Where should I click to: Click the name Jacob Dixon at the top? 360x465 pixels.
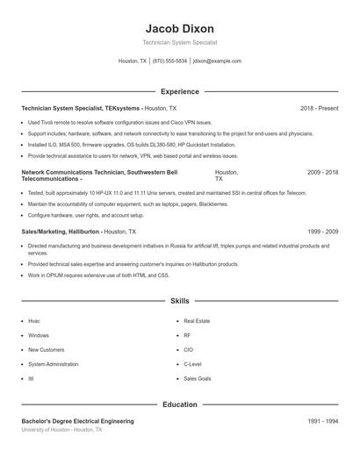(x=179, y=28)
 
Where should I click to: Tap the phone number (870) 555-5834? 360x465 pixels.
(x=169, y=61)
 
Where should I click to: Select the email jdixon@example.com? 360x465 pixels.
(x=217, y=61)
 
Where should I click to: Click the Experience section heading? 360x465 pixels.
(x=179, y=91)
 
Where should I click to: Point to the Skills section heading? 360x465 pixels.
(x=179, y=301)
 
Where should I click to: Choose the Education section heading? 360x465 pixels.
(x=179, y=405)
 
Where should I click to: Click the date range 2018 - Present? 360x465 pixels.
(x=319, y=108)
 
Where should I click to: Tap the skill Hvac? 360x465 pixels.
(x=34, y=321)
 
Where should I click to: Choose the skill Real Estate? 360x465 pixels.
(x=196, y=321)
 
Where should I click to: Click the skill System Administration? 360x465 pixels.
(x=53, y=363)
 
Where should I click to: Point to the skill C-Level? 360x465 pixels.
(x=192, y=363)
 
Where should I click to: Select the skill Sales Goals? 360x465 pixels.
(x=197, y=378)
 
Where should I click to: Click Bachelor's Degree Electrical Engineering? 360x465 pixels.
(x=77, y=421)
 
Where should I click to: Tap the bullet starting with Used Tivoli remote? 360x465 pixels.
(x=119, y=123)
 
